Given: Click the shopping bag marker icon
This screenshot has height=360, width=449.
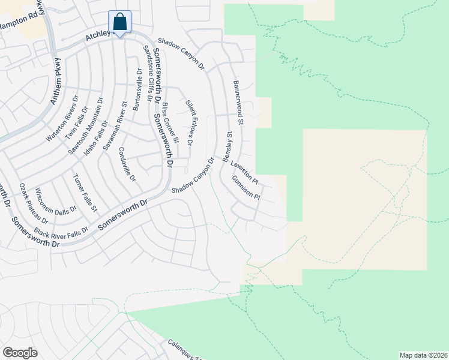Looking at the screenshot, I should (x=120, y=22).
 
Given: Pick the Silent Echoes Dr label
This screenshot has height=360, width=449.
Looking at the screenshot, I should (x=188, y=122).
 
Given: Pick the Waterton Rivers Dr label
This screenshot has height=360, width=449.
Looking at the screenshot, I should (x=62, y=119).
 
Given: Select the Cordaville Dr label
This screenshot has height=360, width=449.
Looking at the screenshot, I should (x=128, y=164).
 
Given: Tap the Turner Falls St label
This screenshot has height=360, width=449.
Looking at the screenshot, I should (x=85, y=193).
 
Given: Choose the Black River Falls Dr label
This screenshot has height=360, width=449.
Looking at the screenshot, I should (x=61, y=230).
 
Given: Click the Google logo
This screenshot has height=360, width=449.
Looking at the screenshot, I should (x=20, y=353).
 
